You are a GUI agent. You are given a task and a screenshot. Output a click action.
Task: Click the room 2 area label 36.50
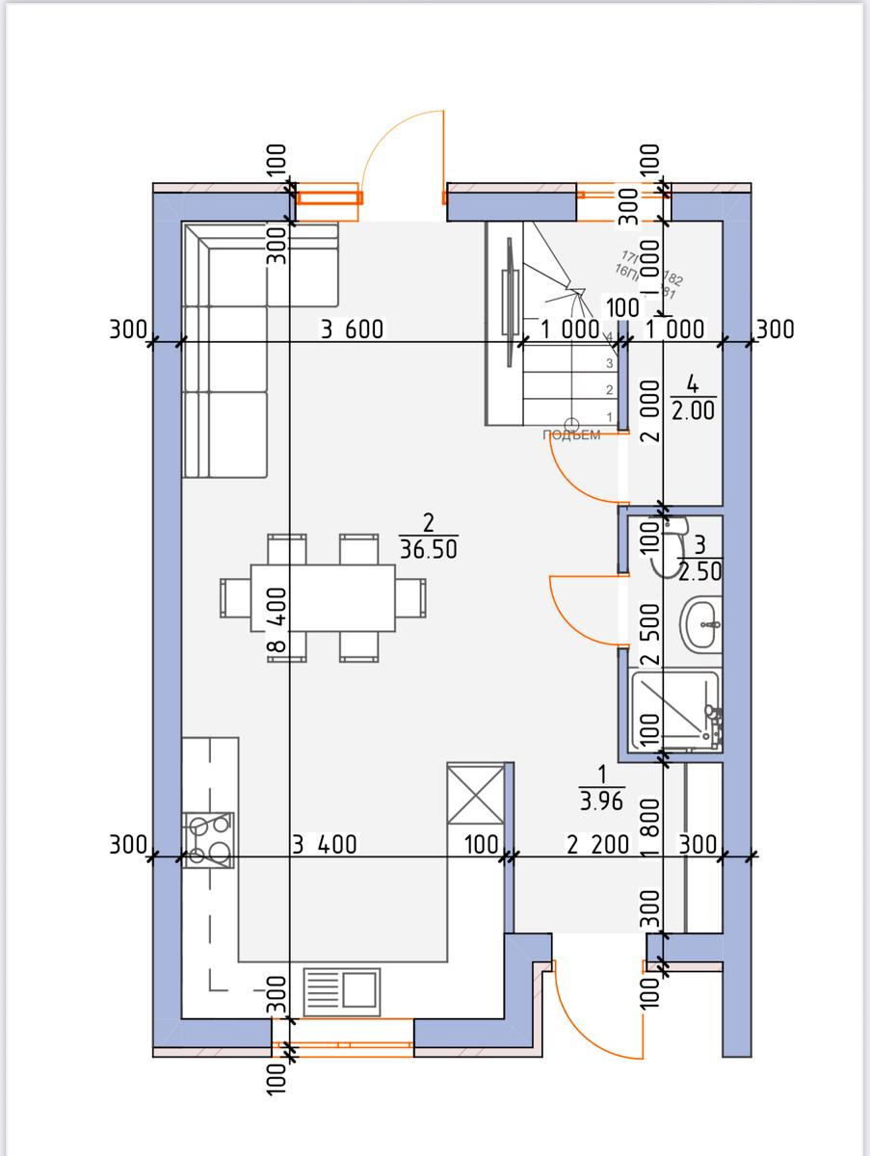click(x=429, y=549)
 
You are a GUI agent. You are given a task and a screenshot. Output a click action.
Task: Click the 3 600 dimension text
click(x=352, y=329)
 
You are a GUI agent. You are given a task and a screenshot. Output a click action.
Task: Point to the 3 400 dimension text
click(x=324, y=845)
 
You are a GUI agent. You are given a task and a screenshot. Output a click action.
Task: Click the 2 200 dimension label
click(x=597, y=845)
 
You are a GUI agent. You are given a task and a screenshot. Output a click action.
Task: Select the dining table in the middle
click(x=323, y=597)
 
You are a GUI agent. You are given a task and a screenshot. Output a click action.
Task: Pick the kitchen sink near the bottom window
click(x=342, y=990)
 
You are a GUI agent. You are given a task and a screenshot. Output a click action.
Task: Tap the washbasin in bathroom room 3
click(x=699, y=623)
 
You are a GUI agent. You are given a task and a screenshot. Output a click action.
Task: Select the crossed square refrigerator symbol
click(x=476, y=795)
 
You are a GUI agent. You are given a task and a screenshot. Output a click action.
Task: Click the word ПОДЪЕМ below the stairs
click(x=571, y=435)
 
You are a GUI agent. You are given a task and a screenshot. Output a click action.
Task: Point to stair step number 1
click(x=609, y=415)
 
